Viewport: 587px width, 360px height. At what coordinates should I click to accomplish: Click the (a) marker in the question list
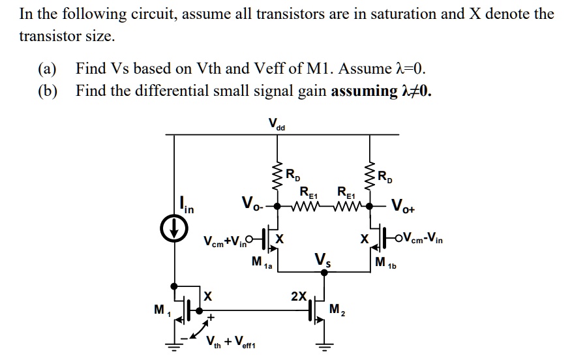(48, 68)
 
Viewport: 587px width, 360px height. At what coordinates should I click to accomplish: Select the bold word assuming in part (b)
(363, 91)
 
